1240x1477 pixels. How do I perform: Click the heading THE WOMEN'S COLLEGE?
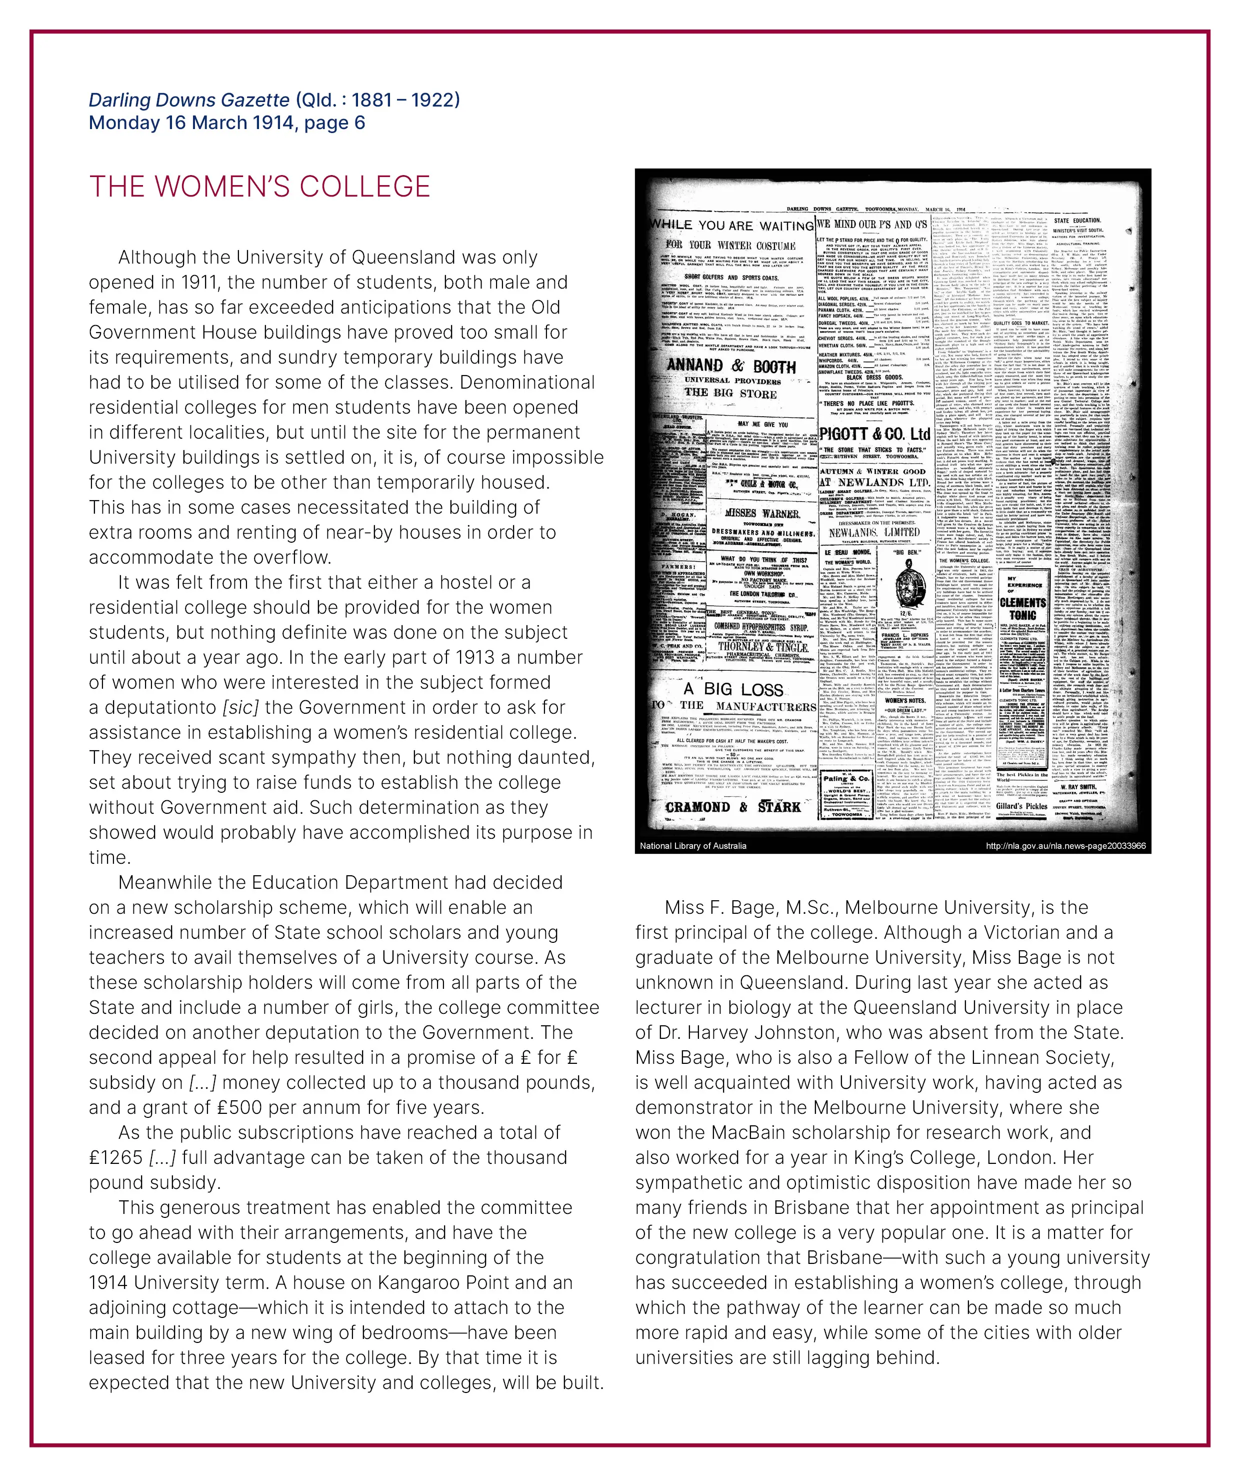[259, 187]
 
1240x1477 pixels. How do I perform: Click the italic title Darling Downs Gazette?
[188, 100]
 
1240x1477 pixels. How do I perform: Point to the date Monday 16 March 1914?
[190, 123]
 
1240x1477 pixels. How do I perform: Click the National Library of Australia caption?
[693, 845]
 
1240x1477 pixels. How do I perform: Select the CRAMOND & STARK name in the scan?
[732, 807]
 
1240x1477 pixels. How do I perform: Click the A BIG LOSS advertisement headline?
[733, 689]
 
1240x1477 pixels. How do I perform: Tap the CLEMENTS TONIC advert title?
[1023, 608]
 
